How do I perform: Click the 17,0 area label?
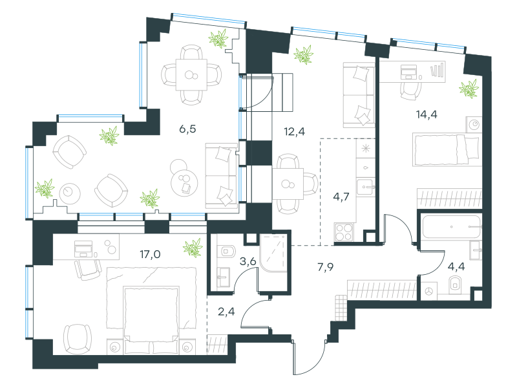pos(150,254)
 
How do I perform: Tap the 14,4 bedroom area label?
pos(427,114)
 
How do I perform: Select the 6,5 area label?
pos(187,129)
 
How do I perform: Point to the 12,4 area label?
pos(295,132)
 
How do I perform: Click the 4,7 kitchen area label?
pos(341,197)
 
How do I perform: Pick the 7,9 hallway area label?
pos(326,267)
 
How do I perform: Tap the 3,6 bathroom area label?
pos(248,262)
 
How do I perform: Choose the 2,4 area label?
pos(227,311)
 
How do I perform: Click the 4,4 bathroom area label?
pos(456,266)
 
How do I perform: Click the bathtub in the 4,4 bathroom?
pos(451,227)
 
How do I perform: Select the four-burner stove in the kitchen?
pos(344,232)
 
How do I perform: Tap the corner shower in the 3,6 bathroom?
pos(273,253)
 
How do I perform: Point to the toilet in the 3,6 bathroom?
pos(227,251)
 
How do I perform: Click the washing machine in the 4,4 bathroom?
pos(429,292)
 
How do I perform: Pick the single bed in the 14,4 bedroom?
pos(447,149)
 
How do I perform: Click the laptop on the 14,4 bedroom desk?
pos(409,72)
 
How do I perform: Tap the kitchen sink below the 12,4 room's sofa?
pos(364,187)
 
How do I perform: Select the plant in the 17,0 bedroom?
pos(193,248)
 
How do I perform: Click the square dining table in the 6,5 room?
pos(191,74)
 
